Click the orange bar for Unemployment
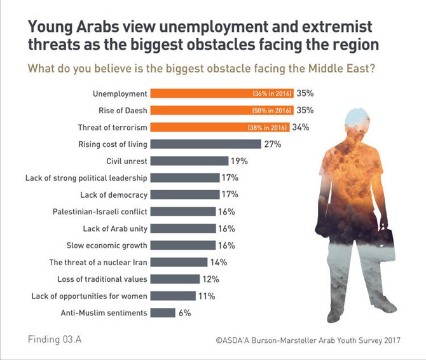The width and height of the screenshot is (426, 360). coord(223,93)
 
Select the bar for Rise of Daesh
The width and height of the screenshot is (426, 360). coord(223,110)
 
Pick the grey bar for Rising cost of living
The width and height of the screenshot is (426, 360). coord(207,144)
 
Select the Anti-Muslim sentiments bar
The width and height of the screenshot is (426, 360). coord(164,312)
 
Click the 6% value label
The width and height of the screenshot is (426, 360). coord(184,312)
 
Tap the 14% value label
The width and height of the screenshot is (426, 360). coord(219,262)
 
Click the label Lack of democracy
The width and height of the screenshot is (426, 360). coord(114,195)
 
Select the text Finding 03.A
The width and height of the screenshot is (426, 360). coord(55,338)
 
